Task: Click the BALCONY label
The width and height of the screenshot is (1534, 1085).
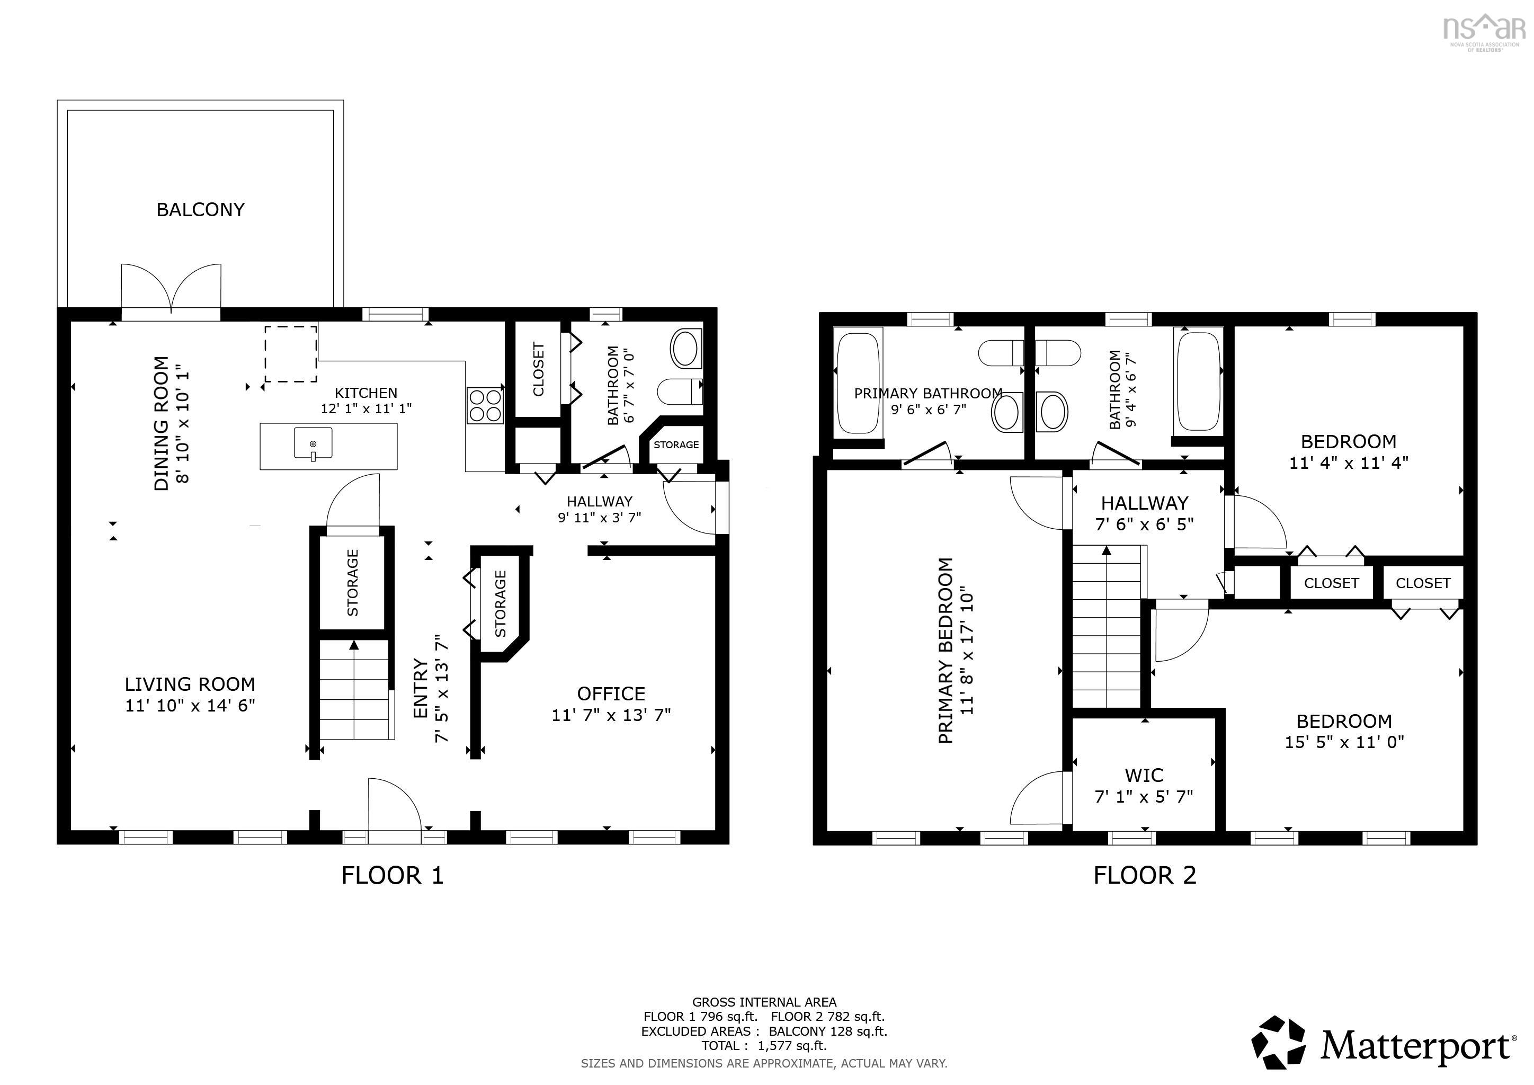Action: pyautogui.click(x=200, y=210)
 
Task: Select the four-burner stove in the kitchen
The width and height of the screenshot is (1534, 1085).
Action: pyautogui.click(x=485, y=405)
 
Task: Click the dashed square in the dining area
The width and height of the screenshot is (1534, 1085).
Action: pyautogui.click(x=291, y=354)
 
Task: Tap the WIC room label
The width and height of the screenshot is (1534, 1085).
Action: pyautogui.click(x=1144, y=776)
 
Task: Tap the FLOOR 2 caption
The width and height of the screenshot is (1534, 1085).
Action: pyautogui.click(x=1145, y=875)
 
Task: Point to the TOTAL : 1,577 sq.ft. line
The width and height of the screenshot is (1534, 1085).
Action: pyautogui.click(x=764, y=1046)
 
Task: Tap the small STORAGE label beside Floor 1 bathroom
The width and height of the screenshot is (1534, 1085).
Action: pyautogui.click(x=676, y=445)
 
